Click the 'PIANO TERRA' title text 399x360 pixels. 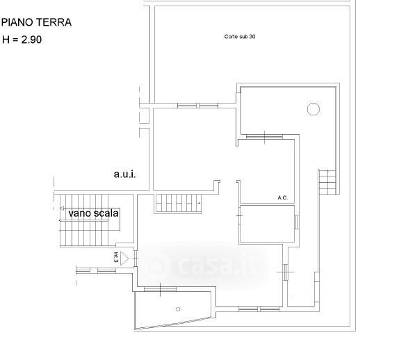click(36, 22)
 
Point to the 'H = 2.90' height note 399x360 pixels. click(22, 40)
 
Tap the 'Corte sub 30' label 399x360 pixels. click(240, 37)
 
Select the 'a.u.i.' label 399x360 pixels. click(124, 174)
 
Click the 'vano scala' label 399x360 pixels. click(93, 213)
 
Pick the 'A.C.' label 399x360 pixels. click(283, 197)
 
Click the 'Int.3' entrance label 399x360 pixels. click(116, 257)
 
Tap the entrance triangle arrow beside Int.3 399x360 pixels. click(124, 259)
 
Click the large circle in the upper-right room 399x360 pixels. click(313, 109)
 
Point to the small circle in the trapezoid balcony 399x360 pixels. click(178, 309)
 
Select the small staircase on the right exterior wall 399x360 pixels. click(327, 182)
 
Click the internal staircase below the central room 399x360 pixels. click(178, 203)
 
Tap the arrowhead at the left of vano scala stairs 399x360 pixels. click(62, 208)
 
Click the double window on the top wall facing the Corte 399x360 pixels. click(197, 106)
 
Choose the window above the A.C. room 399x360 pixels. click(264, 137)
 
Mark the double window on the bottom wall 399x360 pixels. click(259, 309)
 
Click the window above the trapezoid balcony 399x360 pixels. click(160, 289)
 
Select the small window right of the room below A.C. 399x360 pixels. click(297, 222)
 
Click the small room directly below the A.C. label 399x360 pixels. click(267, 224)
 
